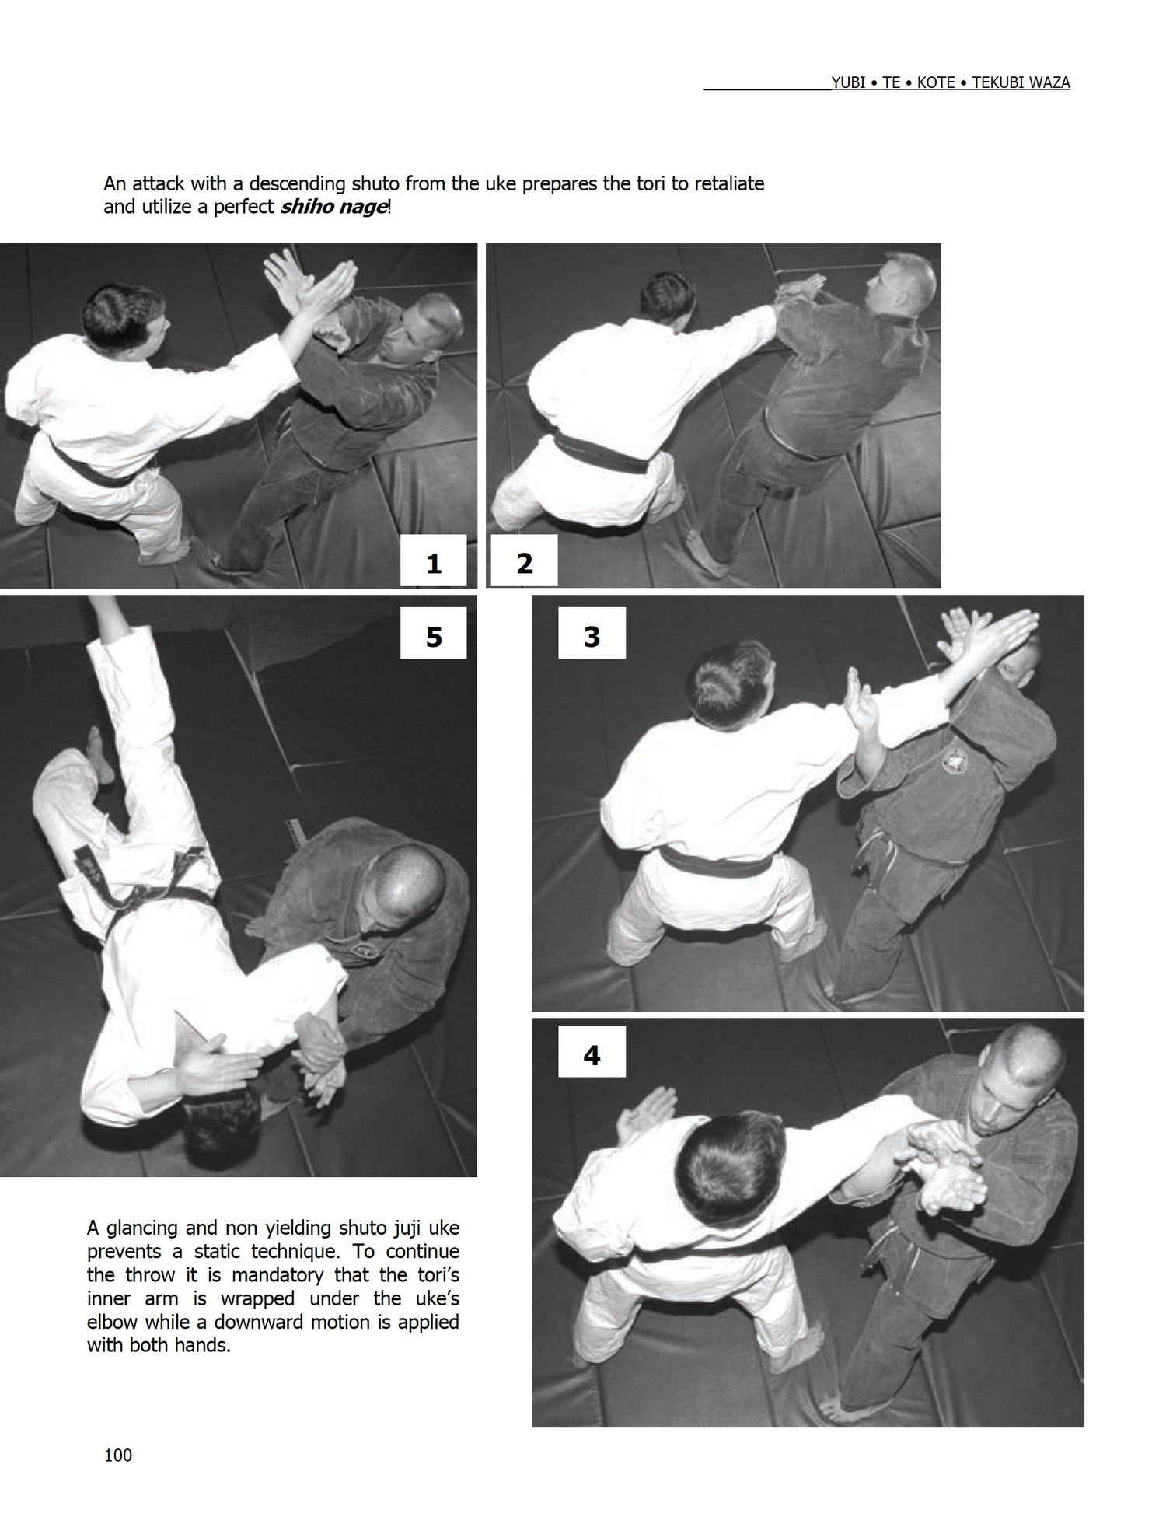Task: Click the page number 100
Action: coord(118,1455)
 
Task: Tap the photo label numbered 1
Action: coord(433,563)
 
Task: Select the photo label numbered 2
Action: coord(525,563)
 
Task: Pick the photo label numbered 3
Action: coord(592,637)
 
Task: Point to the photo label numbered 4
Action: coord(592,1055)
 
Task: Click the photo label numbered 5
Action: coord(433,637)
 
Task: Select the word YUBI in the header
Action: coord(848,82)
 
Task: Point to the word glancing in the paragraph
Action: coord(143,1228)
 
